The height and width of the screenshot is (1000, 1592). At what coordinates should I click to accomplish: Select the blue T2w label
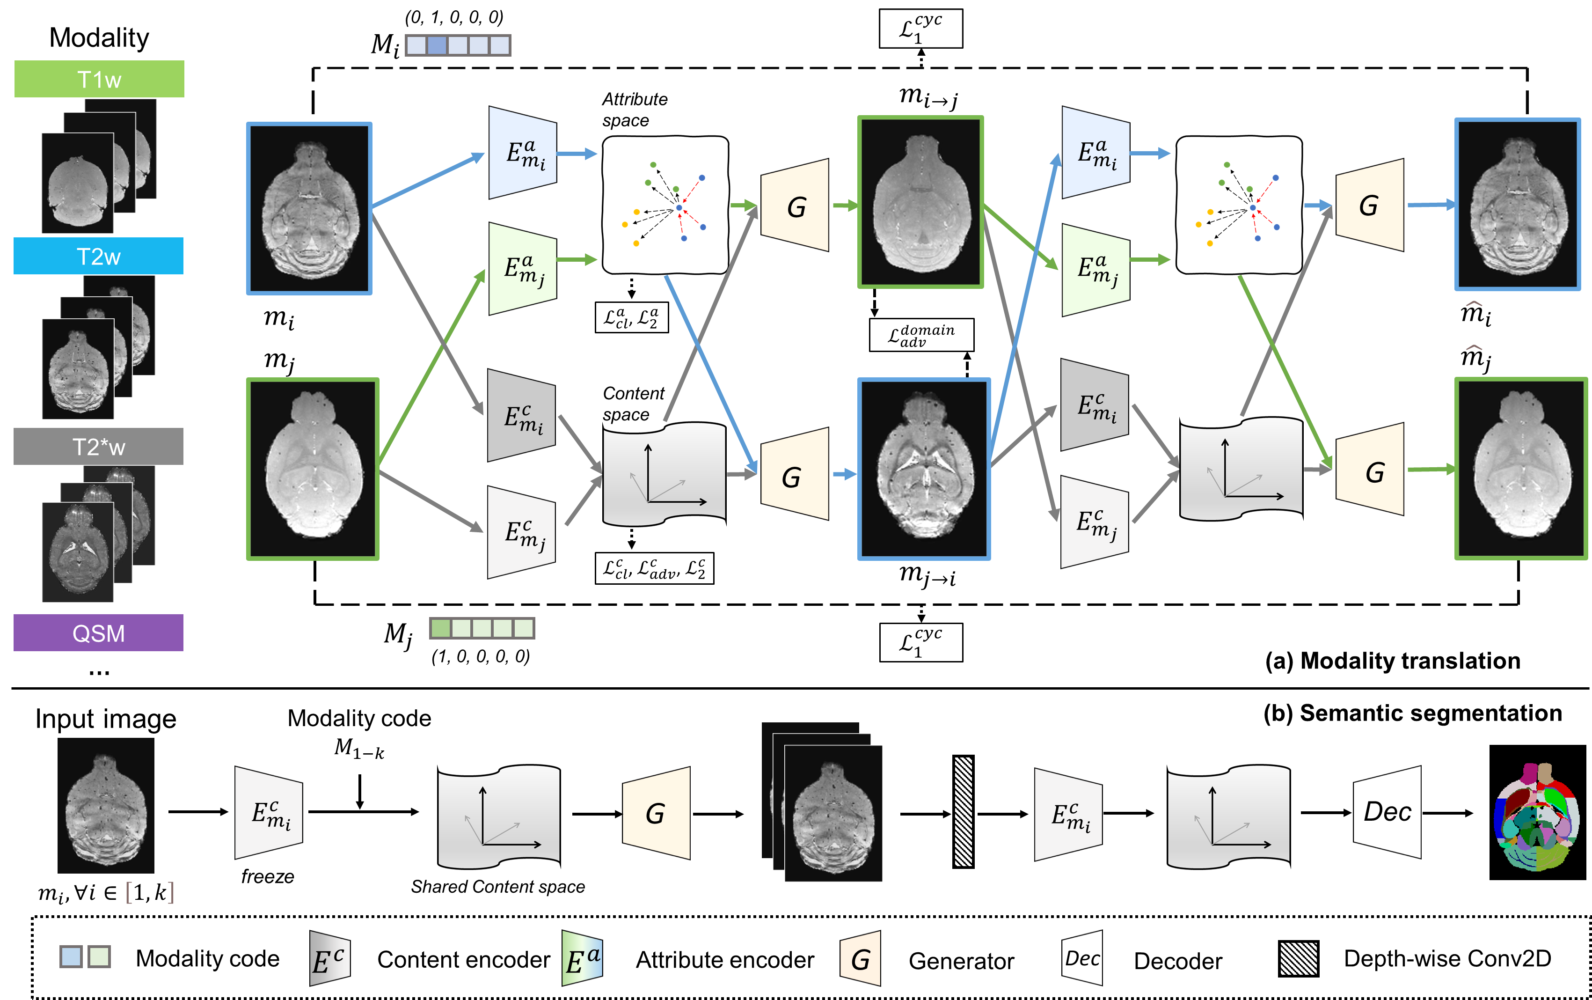click(x=99, y=256)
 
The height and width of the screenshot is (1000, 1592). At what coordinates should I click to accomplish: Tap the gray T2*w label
click(x=99, y=447)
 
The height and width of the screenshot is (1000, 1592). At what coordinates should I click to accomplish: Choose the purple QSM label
click(x=99, y=633)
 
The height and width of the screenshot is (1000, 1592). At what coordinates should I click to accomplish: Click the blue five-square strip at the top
click(x=458, y=45)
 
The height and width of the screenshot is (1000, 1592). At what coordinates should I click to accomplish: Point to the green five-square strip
click(x=482, y=628)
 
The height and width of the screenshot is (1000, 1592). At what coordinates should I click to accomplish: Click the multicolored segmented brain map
click(x=1536, y=817)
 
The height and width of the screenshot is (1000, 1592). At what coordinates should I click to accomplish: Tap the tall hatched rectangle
click(x=963, y=811)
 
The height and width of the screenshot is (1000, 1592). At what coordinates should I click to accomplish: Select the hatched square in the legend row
click(x=1299, y=958)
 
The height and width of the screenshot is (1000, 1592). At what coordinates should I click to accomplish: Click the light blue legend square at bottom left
click(x=71, y=956)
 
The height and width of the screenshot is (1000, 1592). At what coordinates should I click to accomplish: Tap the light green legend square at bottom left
click(x=99, y=956)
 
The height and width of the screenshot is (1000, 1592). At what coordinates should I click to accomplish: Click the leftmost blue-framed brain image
click(x=309, y=208)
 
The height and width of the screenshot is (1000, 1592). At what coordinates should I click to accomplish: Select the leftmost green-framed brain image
click(x=313, y=469)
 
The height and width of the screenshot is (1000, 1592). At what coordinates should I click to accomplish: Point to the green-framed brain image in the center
click(x=920, y=202)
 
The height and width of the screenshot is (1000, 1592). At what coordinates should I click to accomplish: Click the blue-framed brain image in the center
click(x=924, y=469)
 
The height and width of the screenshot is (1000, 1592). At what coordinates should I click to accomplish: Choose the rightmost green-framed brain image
click(x=1520, y=469)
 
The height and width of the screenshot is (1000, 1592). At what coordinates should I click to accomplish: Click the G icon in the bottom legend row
click(x=860, y=959)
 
